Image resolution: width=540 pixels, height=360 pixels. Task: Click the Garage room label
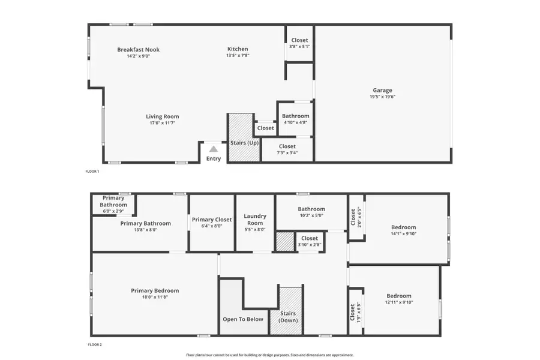[382, 90]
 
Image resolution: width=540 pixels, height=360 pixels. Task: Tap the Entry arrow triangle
[213, 149]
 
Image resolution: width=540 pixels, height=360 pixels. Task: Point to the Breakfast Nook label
[138, 50]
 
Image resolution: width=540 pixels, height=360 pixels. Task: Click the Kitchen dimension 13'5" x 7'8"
[237, 56]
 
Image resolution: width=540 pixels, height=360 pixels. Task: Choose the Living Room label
[162, 116]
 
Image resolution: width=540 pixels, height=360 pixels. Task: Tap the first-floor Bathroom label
[295, 116]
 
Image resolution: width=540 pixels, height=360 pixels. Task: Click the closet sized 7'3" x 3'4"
[287, 149]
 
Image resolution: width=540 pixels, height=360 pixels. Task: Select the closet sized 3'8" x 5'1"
[299, 44]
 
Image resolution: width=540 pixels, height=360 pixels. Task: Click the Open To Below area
[242, 319]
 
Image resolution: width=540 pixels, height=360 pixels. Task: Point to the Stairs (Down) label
[288, 317]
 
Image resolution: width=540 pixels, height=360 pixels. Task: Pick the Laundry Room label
[255, 219]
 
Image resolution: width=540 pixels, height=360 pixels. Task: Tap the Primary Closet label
[211, 220]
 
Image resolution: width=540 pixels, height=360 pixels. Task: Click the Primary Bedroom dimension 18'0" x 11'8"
[155, 297]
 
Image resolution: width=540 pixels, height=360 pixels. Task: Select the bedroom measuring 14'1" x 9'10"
[403, 230]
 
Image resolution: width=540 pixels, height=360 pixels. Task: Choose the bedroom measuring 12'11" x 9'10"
[398, 299]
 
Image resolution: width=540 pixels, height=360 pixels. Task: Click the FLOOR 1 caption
[92, 172]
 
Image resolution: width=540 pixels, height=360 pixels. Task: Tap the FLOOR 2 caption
[95, 345]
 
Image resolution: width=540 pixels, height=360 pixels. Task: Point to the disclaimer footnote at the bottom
[269, 355]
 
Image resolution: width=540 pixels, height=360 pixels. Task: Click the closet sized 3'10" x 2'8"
[310, 241]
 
